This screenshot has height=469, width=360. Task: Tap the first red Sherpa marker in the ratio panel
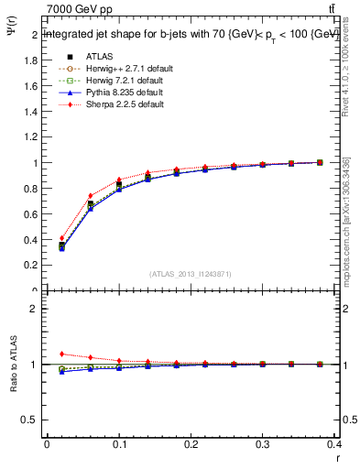(x=61, y=354)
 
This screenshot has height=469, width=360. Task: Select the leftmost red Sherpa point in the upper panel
(x=61, y=238)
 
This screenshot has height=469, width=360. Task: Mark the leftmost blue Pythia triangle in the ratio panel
(x=61, y=371)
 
